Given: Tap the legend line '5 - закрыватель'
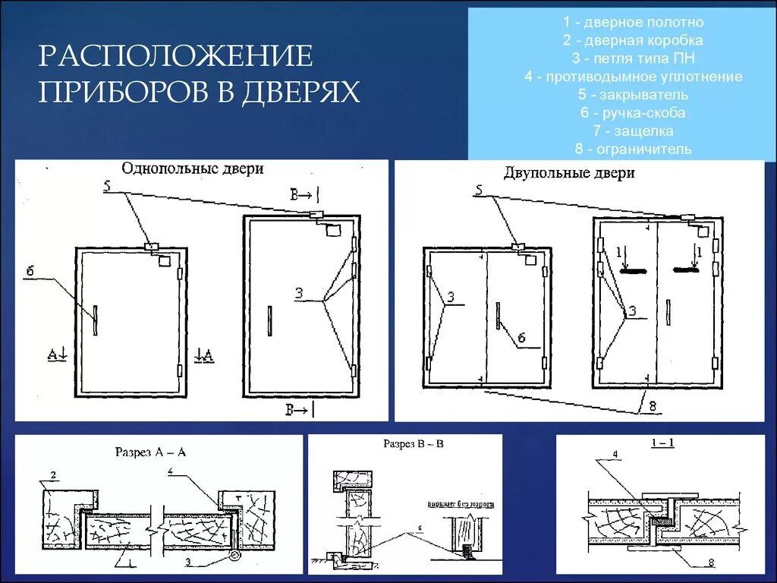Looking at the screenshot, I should tap(621, 95).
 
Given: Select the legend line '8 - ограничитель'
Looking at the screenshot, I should tap(621, 150).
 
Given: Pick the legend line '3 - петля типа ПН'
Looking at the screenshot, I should tap(621, 58).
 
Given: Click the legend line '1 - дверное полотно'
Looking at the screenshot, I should tap(621, 22).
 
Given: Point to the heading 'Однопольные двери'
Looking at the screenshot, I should tap(193, 169).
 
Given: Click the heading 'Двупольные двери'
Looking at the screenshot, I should tap(569, 173).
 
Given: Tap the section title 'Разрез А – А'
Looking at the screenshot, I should tap(150, 452).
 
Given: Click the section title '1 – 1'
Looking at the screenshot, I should tap(662, 443).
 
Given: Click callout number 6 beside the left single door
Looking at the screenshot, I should tap(30, 272).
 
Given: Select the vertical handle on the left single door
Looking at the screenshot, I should tap(96, 319).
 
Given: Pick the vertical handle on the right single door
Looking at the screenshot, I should tap(269, 320).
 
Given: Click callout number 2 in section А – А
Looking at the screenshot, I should tap(52, 477).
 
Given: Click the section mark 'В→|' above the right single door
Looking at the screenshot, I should tap(301, 194).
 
